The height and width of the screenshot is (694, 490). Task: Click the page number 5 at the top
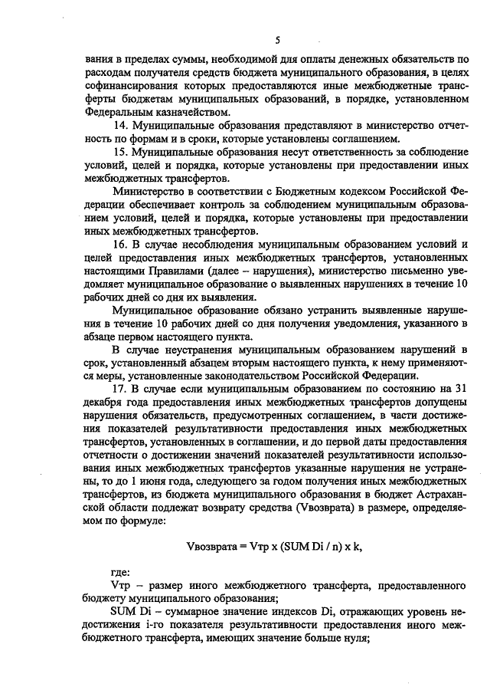[278, 39]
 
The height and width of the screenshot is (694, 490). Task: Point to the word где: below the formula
[120, 572]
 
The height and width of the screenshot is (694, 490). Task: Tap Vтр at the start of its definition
[120, 586]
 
